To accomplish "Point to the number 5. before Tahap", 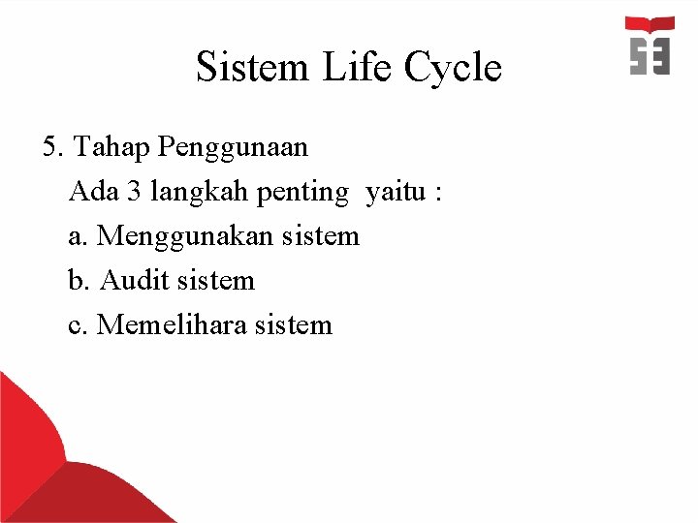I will click(x=54, y=147).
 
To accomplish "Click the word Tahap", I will click(x=111, y=148).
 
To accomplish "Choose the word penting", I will click(x=301, y=193).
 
